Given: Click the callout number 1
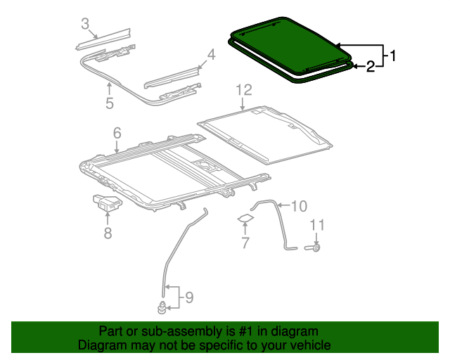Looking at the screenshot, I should point(393,55).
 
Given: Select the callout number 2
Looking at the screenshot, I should point(370,67).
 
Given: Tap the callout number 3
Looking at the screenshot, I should point(85,25).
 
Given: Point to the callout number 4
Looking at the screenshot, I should point(211,55).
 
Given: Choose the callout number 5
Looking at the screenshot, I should point(110,104).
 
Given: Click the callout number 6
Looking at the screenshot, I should point(117,132).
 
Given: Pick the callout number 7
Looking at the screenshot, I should point(245,243).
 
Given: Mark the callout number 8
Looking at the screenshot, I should point(108,233).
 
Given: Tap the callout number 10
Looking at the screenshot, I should point(299,206).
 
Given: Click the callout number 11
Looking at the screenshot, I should point(317,225).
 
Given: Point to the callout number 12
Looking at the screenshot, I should point(243,89).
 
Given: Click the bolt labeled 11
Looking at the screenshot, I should point(315,247).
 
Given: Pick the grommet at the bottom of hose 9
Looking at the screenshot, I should point(162,307).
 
